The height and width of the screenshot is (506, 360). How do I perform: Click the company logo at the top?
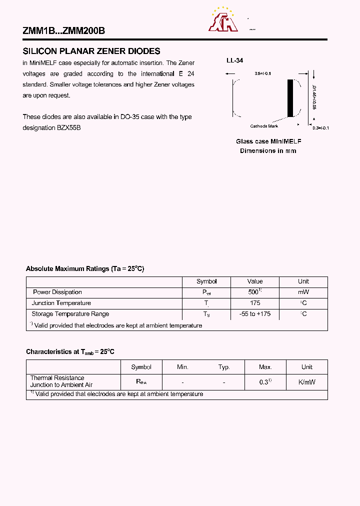click(222, 20)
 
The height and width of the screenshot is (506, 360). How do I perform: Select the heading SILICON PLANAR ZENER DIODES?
click(91, 51)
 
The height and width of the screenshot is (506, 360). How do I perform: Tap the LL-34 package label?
click(234, 60)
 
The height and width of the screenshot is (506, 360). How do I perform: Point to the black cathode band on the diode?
click(290, 98)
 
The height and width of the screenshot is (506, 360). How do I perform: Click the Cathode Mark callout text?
click(264, 126)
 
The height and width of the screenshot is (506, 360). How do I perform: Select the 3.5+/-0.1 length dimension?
click(262, 73)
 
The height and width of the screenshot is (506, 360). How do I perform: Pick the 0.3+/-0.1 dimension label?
click(320, 128)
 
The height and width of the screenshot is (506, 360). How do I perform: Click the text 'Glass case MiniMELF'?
click(268, 141)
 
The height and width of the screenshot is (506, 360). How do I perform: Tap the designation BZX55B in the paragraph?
click(51, 127)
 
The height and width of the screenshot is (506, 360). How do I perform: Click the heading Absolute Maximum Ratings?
click(85, 268)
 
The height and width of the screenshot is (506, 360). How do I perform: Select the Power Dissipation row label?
click(57, 292)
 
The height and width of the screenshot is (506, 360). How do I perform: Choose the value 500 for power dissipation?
click(254, 292)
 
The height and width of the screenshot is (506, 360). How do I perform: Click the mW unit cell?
click(303, 292)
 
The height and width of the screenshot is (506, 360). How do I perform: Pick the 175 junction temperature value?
click(254, 303)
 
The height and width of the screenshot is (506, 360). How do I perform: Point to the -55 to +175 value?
click(254, 314)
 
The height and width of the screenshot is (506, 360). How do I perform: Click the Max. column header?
click(265, 367)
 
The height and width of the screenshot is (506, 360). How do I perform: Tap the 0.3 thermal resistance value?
click(265, 382)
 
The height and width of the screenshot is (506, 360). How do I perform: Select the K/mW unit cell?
click(306, 382)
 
